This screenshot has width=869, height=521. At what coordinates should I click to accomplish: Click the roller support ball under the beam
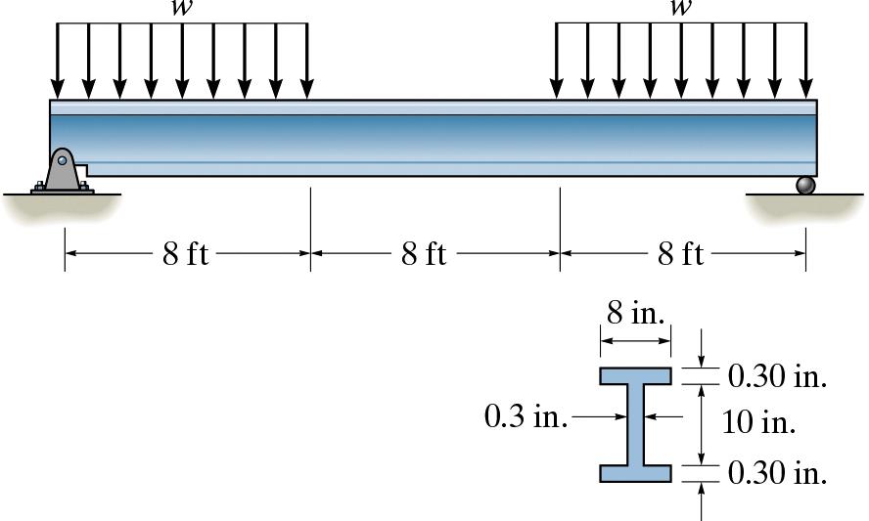coord(804,185)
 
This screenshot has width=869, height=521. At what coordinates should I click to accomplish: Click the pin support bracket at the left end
coord(62,172)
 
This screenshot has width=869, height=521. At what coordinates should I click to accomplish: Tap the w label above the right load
coord(680,9)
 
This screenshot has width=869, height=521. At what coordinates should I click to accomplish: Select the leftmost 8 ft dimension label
coord(186,254)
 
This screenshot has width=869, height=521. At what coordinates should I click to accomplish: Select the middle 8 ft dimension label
coord(424,254)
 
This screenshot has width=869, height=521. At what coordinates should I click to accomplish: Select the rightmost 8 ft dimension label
coord(680,254)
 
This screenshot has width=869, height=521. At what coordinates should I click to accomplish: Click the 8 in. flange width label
coord(635,314)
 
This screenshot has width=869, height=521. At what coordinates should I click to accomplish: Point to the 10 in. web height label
coord(758,423)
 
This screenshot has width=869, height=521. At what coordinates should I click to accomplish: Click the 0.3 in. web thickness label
coord(526,417)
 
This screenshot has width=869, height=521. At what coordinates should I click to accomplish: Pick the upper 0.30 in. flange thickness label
coord(777,377)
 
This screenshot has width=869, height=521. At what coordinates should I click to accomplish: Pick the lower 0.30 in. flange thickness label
coord(777,473)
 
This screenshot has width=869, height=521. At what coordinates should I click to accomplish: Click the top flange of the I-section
coord(636,376)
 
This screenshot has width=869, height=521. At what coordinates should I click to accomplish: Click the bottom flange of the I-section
coord(636,474)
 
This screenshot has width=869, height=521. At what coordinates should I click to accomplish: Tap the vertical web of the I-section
coord(636,424)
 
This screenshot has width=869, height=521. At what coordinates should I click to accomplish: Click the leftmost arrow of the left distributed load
coord(58,59)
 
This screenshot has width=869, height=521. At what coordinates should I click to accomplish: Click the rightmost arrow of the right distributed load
coord(806,59)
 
